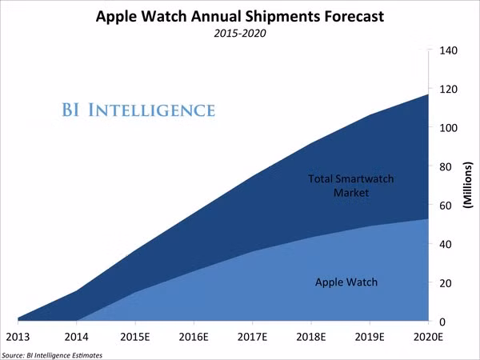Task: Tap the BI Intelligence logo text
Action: (x=138, y=110)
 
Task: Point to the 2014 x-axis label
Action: (x=76, y=337)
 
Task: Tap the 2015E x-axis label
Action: (x=135, y=337)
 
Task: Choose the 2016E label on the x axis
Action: (x=194, y=337)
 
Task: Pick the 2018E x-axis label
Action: (x=311, y=337)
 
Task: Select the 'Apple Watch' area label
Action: (x=346, y=282)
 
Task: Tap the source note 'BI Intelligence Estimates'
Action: (x=52, y=354)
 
